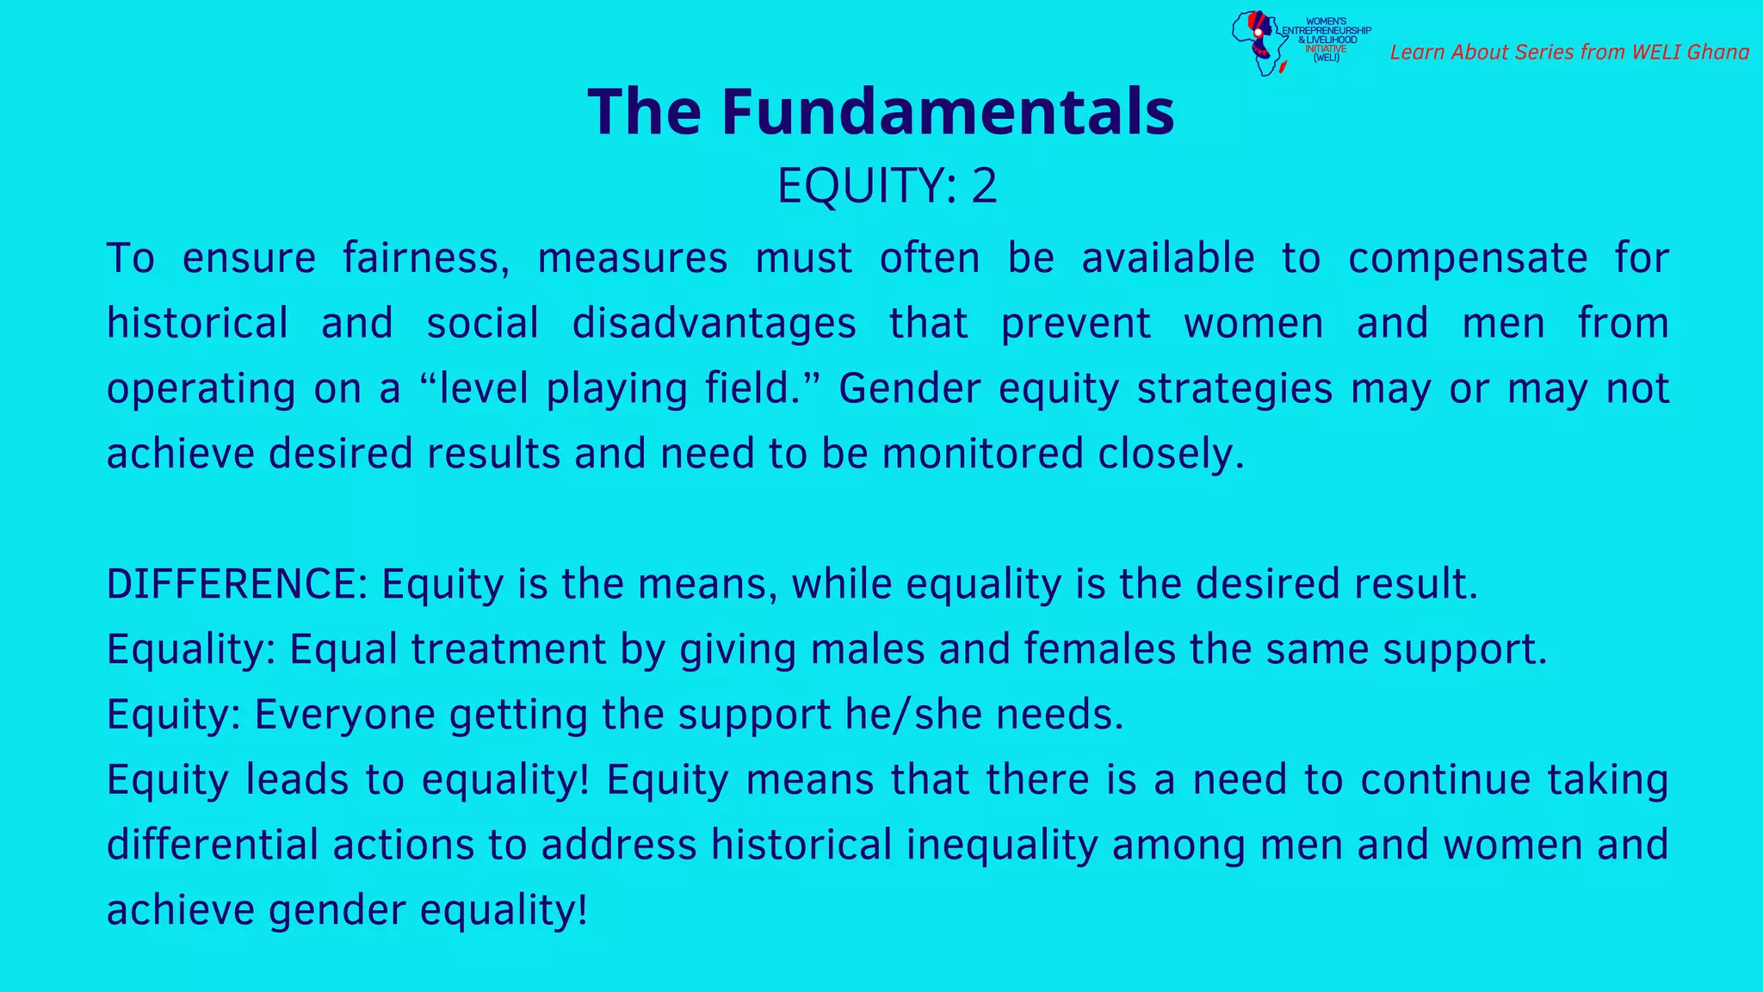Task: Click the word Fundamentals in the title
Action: pos(947,112)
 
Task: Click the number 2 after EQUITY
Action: pos(984,185)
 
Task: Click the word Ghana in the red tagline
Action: pos(1717,53)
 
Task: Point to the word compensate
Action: pos(1467,258)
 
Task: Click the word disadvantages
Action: pos(714,324)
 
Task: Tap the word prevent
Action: pos(1075,324)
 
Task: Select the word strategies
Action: pos(1234,388)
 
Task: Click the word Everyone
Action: pos(344,715)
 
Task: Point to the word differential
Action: pos(212,845)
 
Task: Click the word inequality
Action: pos(1001,845)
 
